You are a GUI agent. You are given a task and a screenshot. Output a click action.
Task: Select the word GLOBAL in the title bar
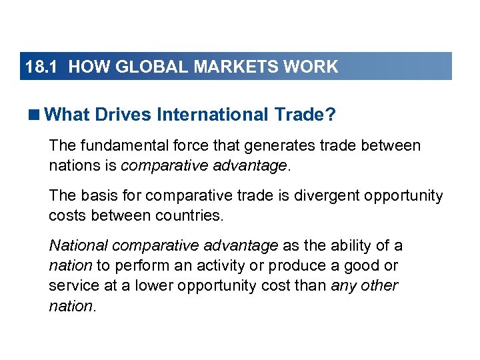pyautogui.click(x=145, y=67)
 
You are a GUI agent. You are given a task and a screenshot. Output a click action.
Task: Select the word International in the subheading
pyautogui.click(x=211, y=115)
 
